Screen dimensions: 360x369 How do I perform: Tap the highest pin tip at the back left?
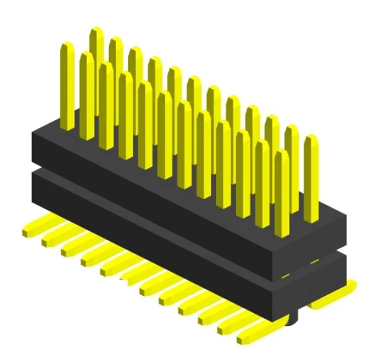click(96, 32)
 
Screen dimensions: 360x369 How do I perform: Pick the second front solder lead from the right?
click(232, 324)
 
